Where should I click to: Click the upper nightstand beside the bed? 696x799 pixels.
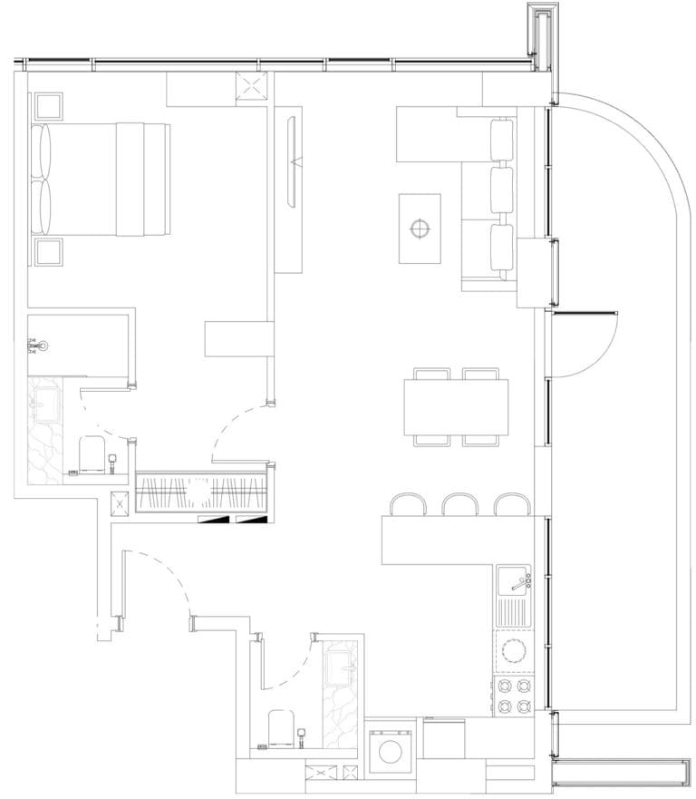48,107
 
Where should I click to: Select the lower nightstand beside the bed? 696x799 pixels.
48,251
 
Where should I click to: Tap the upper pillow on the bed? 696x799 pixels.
42,151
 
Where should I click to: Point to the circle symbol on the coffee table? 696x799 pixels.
419,228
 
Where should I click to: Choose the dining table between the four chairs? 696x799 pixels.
456,406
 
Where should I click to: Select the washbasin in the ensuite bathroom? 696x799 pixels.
43,399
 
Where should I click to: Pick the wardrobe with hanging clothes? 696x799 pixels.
201,493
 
